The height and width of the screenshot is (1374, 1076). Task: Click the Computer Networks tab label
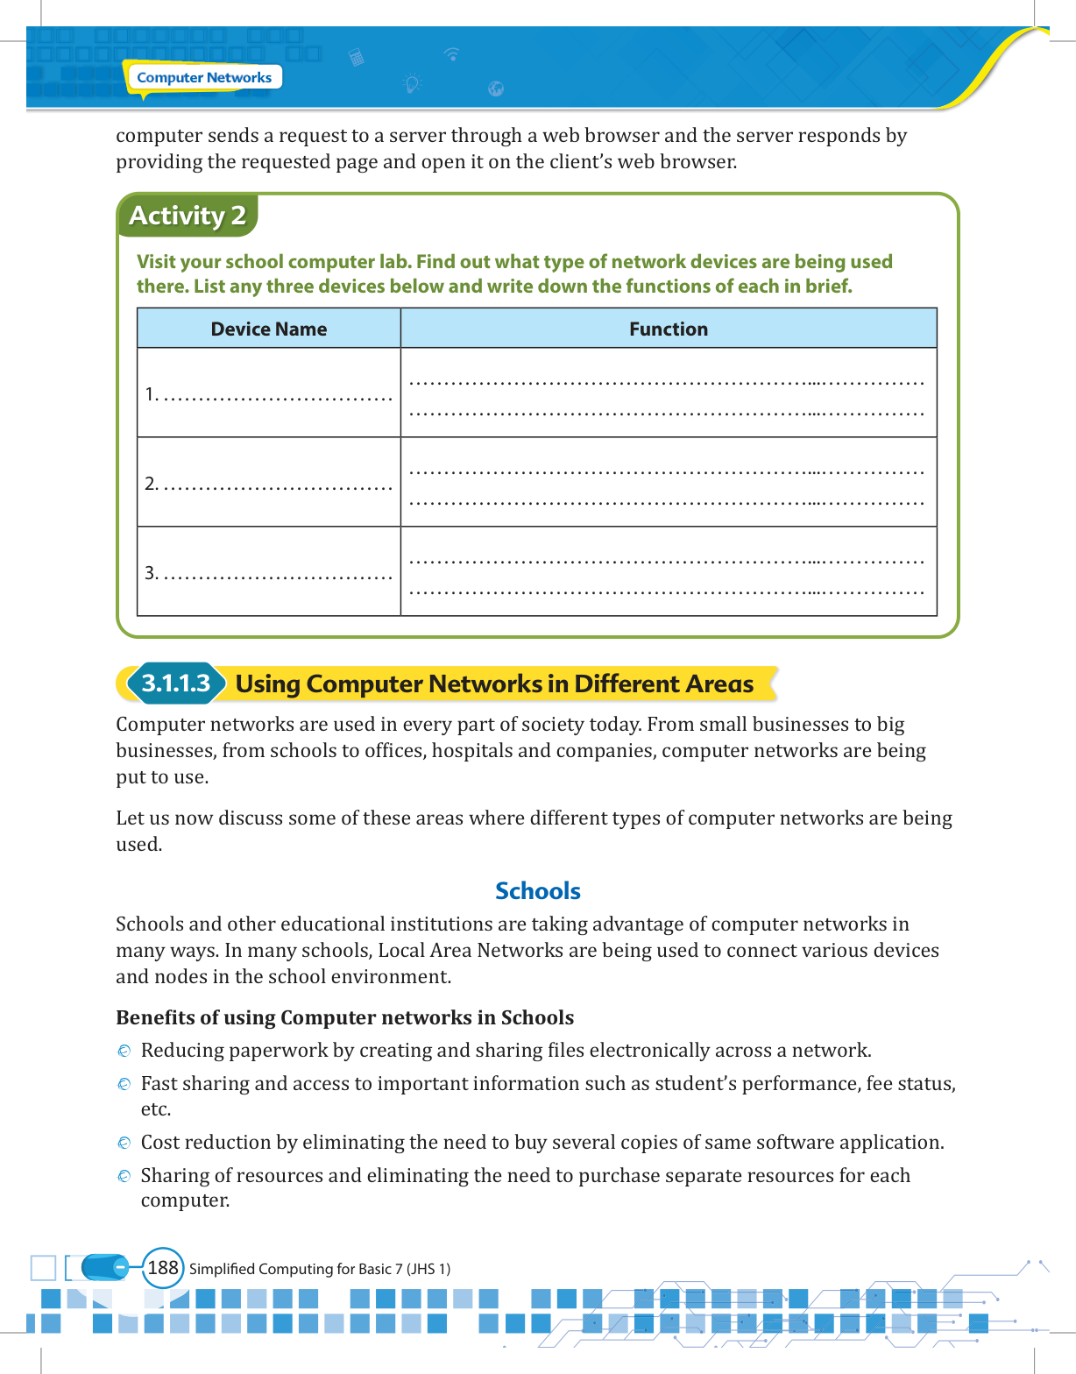[204, 77]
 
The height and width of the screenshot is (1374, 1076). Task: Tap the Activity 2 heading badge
[188, 216]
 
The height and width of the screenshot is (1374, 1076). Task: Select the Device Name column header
[268, 329]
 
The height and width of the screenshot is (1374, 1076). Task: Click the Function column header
[668, 329]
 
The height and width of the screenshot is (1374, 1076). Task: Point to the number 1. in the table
[151, 394]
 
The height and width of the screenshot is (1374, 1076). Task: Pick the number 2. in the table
[151, 484]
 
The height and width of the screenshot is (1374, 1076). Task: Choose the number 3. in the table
[151, 573]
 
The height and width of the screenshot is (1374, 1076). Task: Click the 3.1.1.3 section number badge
[176, 683]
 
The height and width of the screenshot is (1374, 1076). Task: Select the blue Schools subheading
[538, 891]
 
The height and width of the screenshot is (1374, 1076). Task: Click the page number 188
[163, 1268]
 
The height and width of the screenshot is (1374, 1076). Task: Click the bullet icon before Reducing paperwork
[124, 1051]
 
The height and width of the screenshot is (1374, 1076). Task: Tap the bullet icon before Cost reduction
[124, 1143]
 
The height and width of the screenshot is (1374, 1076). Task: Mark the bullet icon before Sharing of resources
[124, 1176]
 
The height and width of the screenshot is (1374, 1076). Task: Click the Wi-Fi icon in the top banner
[452, 54]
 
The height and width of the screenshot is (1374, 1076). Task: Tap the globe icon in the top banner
[496, 89]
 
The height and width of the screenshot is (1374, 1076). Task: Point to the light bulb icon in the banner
[412, 84]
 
